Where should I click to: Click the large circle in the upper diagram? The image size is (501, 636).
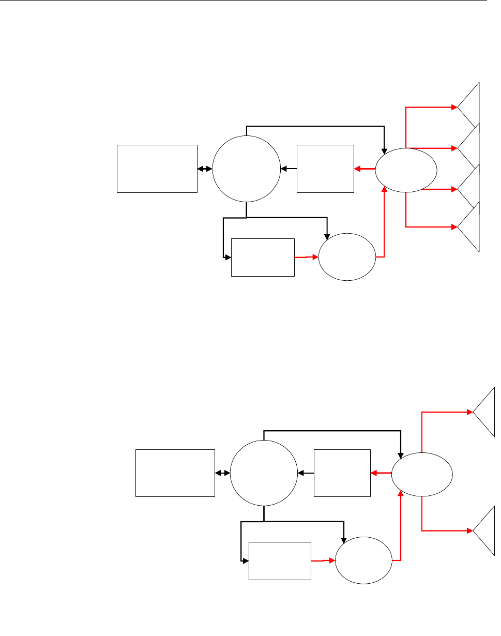(x=246, y=169)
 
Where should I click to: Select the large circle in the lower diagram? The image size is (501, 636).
(x=264, y=473)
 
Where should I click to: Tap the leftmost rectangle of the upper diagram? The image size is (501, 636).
(x=157, y=169)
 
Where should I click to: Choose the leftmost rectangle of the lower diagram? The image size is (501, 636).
(x=175, y=473)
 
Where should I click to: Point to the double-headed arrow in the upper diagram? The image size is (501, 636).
(x=205, y=169)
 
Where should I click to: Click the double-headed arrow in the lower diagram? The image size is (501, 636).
(x=222, y=473)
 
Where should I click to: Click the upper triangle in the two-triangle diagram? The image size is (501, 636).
(x=486, y=412)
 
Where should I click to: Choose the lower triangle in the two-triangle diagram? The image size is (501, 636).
(x=486, y=531)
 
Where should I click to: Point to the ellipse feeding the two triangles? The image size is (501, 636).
(x=422, y=473)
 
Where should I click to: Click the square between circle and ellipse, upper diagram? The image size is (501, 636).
(x=326, y=169)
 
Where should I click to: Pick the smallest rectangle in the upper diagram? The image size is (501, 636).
(x=263, y=257)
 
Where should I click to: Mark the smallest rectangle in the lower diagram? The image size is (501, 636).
(x=280, y=561)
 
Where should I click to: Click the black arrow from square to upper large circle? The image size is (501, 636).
(x=289, y=169)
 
